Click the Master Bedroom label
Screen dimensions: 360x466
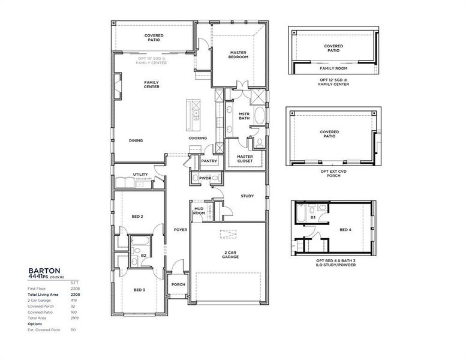click(x=239, y=55)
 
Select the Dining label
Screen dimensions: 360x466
click(x=136, y=141)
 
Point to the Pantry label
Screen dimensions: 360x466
click(x=209, y=161)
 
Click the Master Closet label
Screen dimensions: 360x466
click(x=245, y=159)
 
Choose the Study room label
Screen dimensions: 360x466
click(x=247, y=196)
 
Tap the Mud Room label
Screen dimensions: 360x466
click(x=199, y=211)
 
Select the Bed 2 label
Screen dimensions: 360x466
click(x=137, y=216)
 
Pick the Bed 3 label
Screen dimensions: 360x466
click(x=139, y=290)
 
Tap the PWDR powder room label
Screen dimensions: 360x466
click(x=206, y=178)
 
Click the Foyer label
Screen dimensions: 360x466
click(x=180, y=230)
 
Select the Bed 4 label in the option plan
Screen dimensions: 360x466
click(x=345, y=229)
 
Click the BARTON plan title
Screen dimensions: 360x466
click(x=43, y=271)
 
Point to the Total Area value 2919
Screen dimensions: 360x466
click(x=76, y=317)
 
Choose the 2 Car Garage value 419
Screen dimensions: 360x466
click(x=76, y=300)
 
